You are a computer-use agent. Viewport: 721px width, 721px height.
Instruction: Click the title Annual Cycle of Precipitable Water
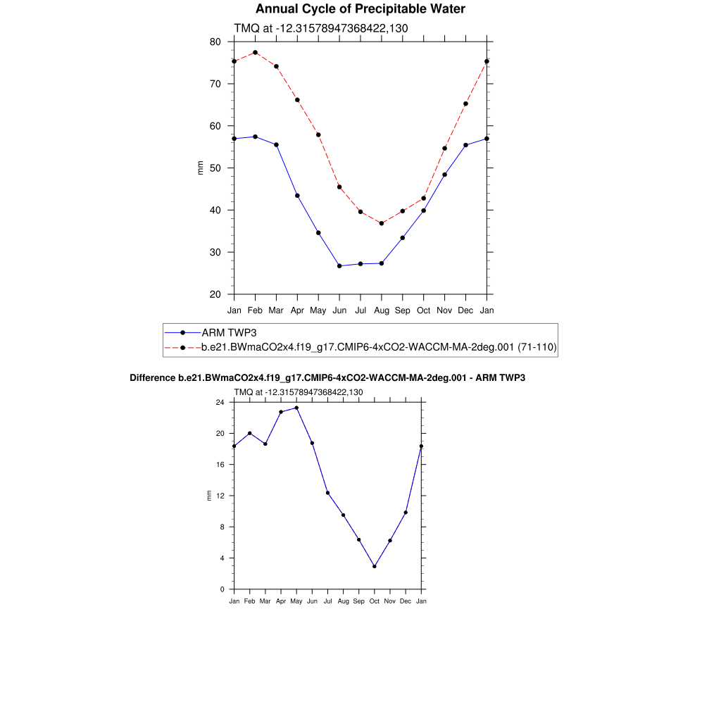(360, 9)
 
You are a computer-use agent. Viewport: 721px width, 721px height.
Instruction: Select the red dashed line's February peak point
(255, 52)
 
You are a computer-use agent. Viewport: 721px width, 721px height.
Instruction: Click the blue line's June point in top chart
(339, 265)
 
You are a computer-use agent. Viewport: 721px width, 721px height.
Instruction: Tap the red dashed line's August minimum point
(382, 223)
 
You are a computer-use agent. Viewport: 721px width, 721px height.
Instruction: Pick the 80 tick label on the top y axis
(215, 42)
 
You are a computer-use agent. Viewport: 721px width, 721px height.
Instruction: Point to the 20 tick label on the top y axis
(215, 294)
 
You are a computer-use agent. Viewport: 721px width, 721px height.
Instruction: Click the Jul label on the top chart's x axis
(360, 310)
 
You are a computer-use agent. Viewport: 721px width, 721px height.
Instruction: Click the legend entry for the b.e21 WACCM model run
(379, 347)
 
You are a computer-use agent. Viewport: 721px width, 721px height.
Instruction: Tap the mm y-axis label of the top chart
(201, 168)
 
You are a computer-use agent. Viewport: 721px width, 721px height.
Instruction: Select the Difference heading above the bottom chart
(327, 378)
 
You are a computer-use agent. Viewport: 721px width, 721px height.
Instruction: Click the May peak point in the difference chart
(296, 408)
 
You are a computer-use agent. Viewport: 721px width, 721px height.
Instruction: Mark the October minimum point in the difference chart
(375, 566)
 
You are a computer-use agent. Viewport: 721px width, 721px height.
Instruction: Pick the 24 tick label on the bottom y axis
(220, 402)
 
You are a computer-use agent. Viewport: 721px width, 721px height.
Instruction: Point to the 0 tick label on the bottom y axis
(222, 589)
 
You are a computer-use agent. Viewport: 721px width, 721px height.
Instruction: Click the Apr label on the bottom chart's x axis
(281, 601)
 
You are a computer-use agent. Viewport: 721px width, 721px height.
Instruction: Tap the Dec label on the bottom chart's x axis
(406, 601)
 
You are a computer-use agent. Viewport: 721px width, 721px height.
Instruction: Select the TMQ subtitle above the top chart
(321, 28)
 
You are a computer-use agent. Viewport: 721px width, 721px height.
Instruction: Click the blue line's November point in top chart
(444, 175)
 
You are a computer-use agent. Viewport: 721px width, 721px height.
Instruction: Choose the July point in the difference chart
(327, 493)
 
